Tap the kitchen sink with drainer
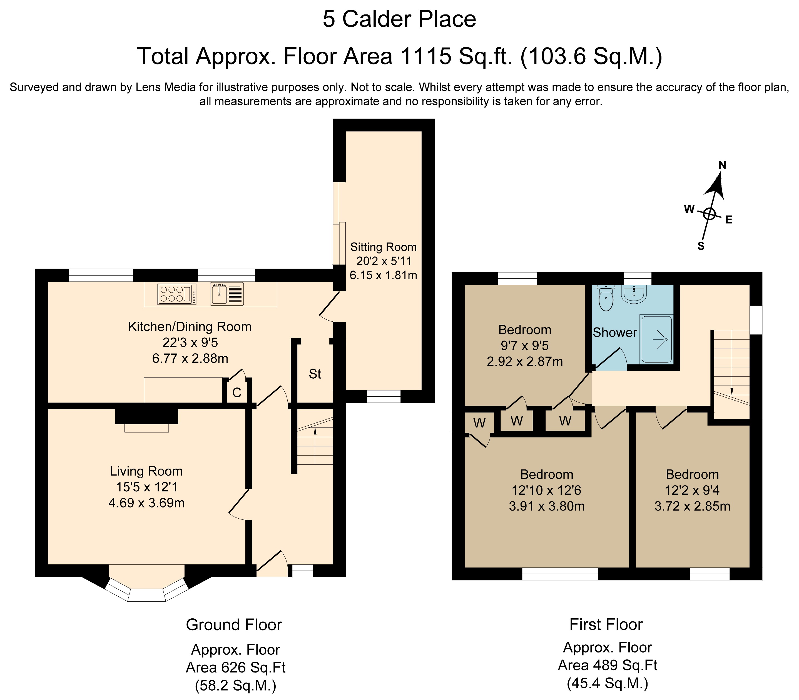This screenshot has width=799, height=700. click(x=226, y=294)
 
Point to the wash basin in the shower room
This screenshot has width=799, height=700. click(x=634, y=294)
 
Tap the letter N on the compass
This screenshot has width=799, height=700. click(x=722, y=165)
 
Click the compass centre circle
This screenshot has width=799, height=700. click(x=710, y=214)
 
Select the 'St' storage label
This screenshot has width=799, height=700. click(x=315, y=374)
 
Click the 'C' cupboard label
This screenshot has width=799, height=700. click(x=237, y=392)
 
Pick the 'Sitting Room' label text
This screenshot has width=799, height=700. click(x=383, y=247)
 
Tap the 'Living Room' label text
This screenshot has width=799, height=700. click(x=146, y=471)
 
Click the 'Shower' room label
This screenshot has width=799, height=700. click(x=615, y=332)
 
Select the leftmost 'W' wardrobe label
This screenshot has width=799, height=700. click(x=479, y=423)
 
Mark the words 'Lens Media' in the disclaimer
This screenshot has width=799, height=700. click(x=166, y=87)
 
